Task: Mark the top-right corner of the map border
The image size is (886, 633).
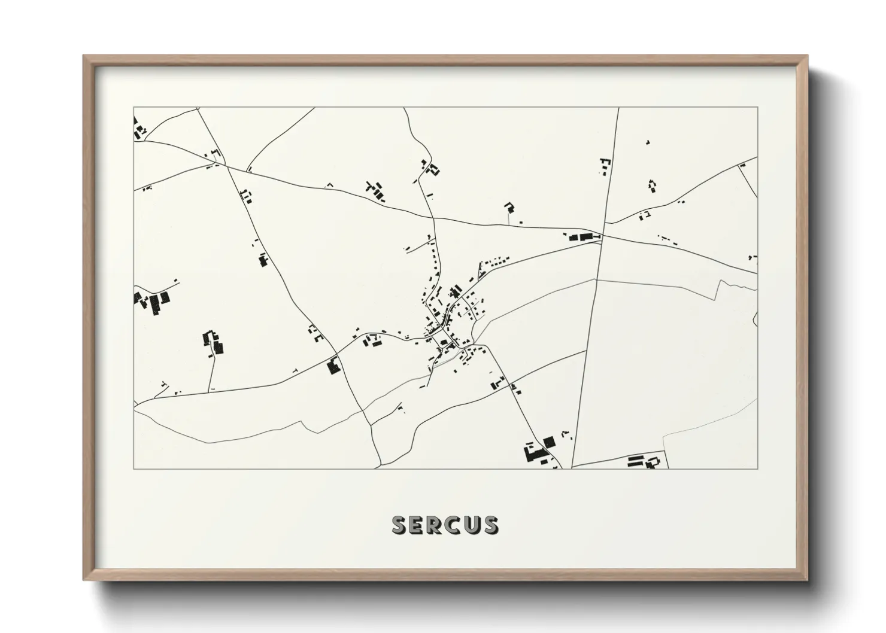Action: [757, 108]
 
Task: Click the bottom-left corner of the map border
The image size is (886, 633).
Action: [133, 468]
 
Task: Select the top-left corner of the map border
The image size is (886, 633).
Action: [133, 108]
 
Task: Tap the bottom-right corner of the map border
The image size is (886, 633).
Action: [757, 468]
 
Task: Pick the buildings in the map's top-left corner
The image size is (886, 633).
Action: [140, 129]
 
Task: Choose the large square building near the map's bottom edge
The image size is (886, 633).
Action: [549, 442]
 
